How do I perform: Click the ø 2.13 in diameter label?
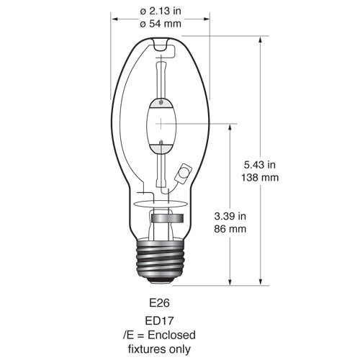(x=161, y=11)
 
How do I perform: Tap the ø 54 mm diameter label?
(x=161, y=24)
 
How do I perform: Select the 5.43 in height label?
(x=260, y=165)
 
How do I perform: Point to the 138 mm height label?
(x=260, y=178)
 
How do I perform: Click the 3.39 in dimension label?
(x=230, y=216)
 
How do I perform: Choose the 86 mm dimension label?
(x=230, y=229)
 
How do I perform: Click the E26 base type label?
(x=159, y=303)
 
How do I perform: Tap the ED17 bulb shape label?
(x=159, y=321)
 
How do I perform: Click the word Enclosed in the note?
(x=171, y=335)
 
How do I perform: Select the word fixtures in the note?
(x=145, y=349)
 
